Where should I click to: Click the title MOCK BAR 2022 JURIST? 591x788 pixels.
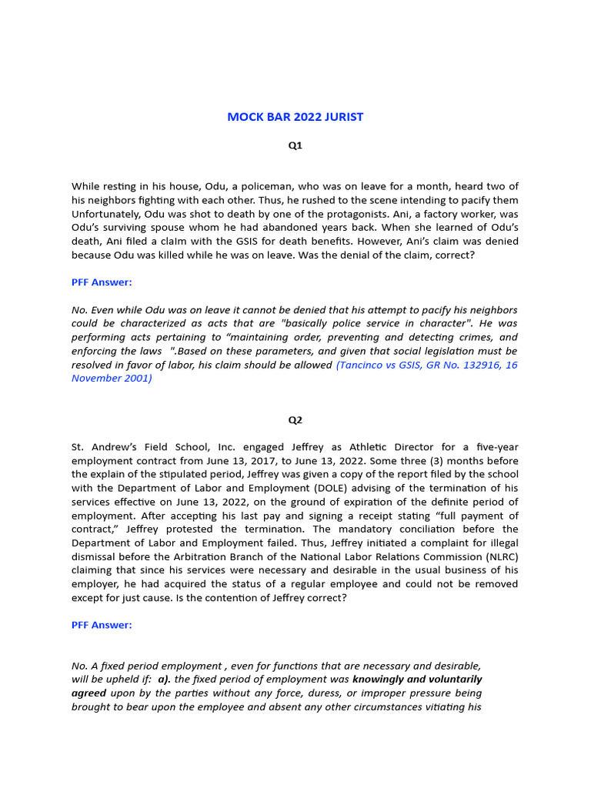[295, 117]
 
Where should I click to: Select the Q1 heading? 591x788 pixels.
[295, 145]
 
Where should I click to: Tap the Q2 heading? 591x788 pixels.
[295, 420]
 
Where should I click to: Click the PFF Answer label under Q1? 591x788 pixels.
[102, 282]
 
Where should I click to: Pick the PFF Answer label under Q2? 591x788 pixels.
[102, 625]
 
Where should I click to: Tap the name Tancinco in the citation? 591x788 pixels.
[362, 366]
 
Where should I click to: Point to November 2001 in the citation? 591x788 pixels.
[112, 379]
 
